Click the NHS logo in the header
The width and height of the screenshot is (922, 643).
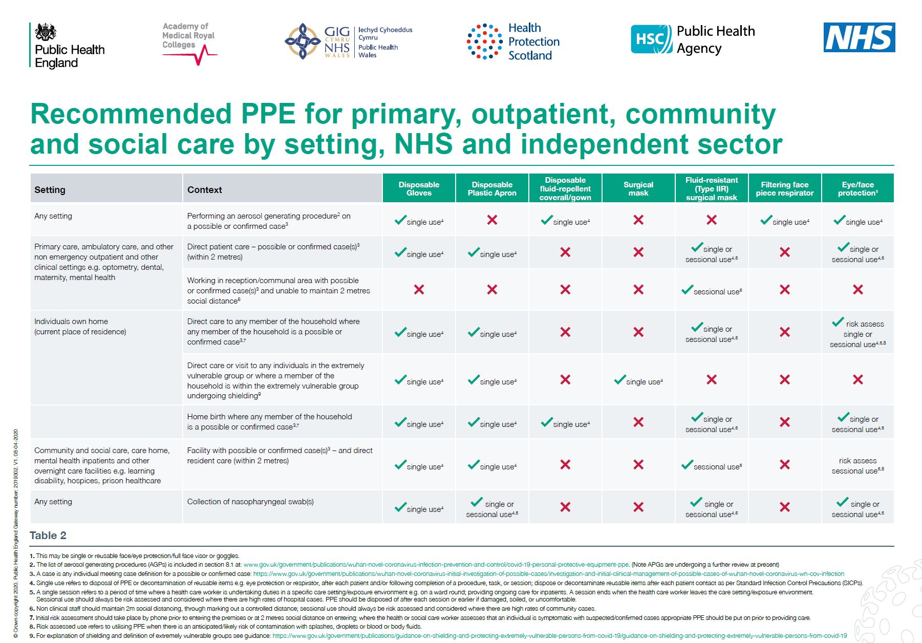click(x=859, y=37)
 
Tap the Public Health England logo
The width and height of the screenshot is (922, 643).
click(x=68, y=46)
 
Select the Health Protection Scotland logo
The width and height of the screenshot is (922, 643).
click(x=513, y=41)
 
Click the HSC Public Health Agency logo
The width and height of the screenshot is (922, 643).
click(x=693, y=39)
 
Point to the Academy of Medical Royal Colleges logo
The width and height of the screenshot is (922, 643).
click(x=189, y=43)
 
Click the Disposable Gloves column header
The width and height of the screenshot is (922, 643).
click(x=419, y=189)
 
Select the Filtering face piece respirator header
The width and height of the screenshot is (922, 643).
click(x=784, y=189)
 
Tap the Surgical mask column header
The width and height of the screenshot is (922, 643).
click(x=638, y=189)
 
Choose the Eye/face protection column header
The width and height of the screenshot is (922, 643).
click(x=857, y=189)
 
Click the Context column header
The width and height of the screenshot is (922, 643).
click(x=205, y=190)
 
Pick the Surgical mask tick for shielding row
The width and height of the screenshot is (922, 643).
click(x=620, y=380)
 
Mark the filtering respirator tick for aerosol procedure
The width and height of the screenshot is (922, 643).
click(x=766, y=220)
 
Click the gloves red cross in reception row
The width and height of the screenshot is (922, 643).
click(x=419, y=290)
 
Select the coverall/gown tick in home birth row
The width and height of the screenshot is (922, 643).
click(x=547, y=422)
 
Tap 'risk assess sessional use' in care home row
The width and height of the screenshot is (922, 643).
click(x=857, y=465)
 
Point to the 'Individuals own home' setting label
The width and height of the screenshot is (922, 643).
click(x=71, y=321)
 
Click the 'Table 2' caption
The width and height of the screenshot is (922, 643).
click(x=48, y=535)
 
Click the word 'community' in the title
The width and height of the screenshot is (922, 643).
click(x=700, y=114)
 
